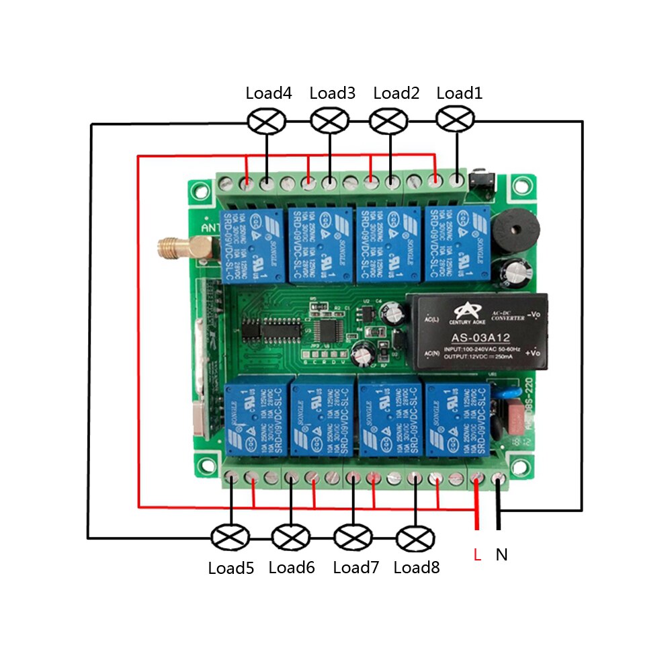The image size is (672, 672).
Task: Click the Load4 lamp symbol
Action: coord(267,121)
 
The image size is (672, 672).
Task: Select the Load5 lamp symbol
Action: coord(230,538)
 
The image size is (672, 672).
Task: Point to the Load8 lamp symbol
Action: coord(416,538)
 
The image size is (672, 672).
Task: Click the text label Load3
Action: coord(332,93)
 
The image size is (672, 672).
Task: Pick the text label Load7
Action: coord(356,568)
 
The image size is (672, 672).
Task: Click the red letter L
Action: coord(477,556)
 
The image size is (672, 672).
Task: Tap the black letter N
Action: coord(501,555)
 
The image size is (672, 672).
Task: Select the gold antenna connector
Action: coord(176,248)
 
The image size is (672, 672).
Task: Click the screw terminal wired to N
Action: coord(499,478)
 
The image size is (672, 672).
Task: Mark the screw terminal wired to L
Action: coord(477,478)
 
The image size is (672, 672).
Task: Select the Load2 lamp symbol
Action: coord(389,121)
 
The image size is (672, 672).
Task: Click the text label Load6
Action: coord(292,568)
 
